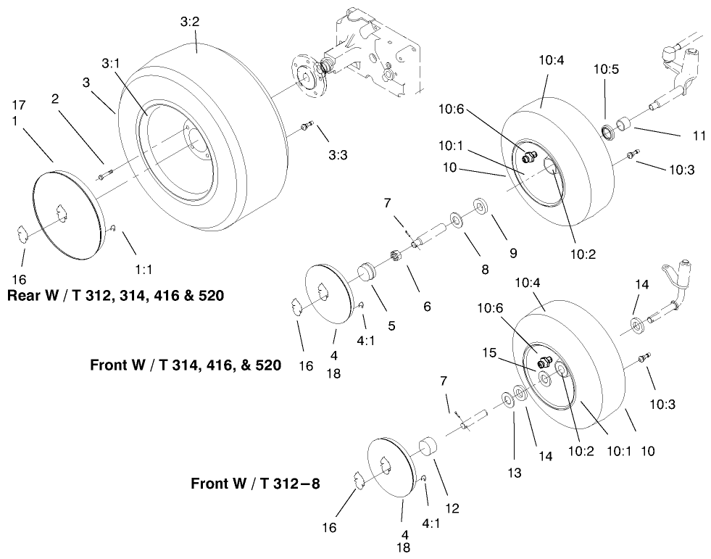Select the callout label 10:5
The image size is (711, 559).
[x=606, y=70]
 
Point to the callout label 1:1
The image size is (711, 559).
[x=144, y=268]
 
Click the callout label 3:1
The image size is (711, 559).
[x=112, y=64]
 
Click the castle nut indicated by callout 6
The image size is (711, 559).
[x=396, y=256]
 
